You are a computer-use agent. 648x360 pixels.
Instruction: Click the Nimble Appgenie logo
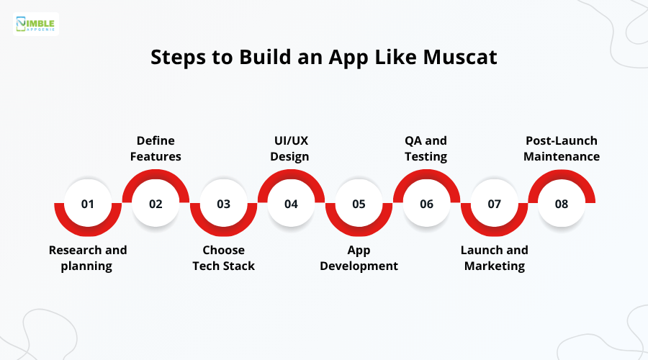(x=37, y=23)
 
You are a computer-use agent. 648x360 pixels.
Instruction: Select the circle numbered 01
(x=88, y=204)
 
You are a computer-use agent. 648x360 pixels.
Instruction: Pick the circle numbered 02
(x=156, y=204)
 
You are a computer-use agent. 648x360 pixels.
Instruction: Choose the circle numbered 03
(x=223, y=204)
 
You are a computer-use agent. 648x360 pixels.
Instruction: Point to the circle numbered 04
(x=291, y=204)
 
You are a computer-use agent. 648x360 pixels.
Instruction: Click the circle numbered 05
(x=359, y=204)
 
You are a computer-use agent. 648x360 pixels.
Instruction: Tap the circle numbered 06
(x=426, y=204)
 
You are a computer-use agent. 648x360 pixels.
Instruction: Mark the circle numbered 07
(x=494, y=204)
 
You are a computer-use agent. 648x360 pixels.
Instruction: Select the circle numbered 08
(x=562, y=204)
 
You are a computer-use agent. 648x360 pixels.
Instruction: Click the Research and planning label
(x=88, y=258)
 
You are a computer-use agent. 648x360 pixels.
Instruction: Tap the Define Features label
(x=156, y=148)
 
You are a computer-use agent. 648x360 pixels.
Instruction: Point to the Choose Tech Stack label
(x=223, y=258)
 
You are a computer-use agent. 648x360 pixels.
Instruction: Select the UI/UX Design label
(x=291, y=148)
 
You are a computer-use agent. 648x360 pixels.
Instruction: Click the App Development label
(x=359, y=258)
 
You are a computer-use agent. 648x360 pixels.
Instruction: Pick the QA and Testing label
(x=426, y=148)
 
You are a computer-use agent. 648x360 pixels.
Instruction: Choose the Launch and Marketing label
(x=494, y=258)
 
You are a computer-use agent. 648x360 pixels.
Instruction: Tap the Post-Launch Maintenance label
(x=562, y=148)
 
